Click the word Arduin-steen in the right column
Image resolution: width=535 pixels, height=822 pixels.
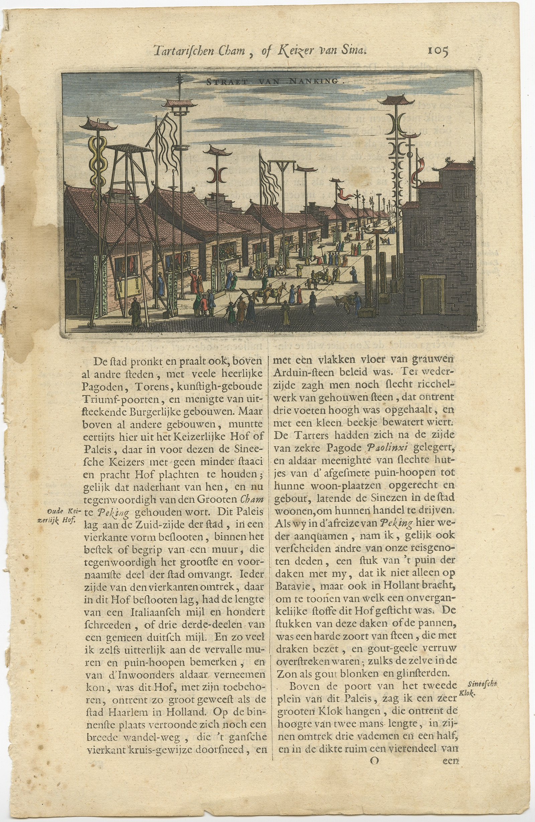(x=300, y=372)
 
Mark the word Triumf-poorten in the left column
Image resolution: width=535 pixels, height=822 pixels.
(x=121, y=399)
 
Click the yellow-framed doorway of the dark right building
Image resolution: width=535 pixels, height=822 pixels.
(x=432, y=295)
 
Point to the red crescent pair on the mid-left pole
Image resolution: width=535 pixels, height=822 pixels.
(x=216, y=175)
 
